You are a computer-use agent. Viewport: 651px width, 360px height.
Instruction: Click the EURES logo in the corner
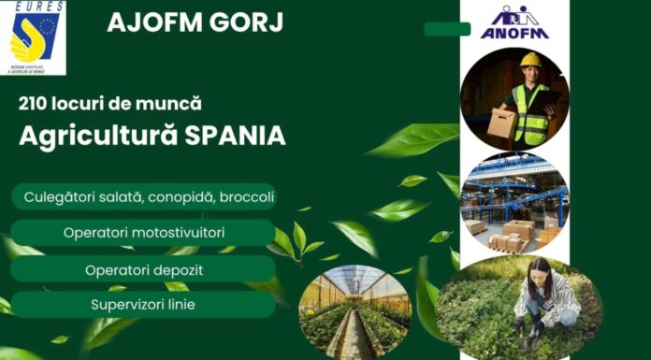point(34,37)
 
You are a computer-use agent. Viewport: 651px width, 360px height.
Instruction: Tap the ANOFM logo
point(514,22)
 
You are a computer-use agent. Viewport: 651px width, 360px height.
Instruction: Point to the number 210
point(34,104)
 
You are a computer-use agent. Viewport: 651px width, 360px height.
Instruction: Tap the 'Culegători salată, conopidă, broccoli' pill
point(143,197)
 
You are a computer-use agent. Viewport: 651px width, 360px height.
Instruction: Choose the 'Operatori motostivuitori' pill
point(143,232)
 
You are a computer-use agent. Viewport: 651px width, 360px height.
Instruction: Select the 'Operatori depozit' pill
point(143,269)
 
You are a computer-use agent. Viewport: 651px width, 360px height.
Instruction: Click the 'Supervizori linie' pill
point(143,305)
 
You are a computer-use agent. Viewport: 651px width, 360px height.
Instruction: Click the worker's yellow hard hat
point(531,60)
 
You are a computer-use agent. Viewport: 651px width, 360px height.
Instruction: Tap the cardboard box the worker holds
point(504,122)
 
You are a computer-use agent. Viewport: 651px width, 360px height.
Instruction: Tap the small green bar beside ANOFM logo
point(447,29)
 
